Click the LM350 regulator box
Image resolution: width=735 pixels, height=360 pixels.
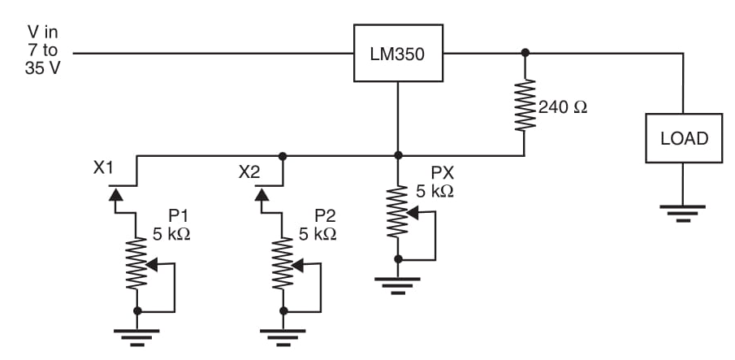pos(397,54)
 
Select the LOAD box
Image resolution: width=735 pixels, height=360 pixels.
pos(684,138)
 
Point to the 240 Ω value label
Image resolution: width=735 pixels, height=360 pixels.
pos(562,106)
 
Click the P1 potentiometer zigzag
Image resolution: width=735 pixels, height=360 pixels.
pos(137,264)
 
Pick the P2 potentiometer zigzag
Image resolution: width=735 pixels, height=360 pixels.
pos(282,264)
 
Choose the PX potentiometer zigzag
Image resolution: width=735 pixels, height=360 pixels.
pos(397,213)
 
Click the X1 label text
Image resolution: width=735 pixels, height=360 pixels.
pos(104,171)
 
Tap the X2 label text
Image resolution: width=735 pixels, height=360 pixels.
pos(249,172)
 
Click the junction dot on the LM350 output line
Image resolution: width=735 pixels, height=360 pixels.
pos(525,54)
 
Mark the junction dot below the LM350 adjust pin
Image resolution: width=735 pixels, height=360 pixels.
pos(397,154)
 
